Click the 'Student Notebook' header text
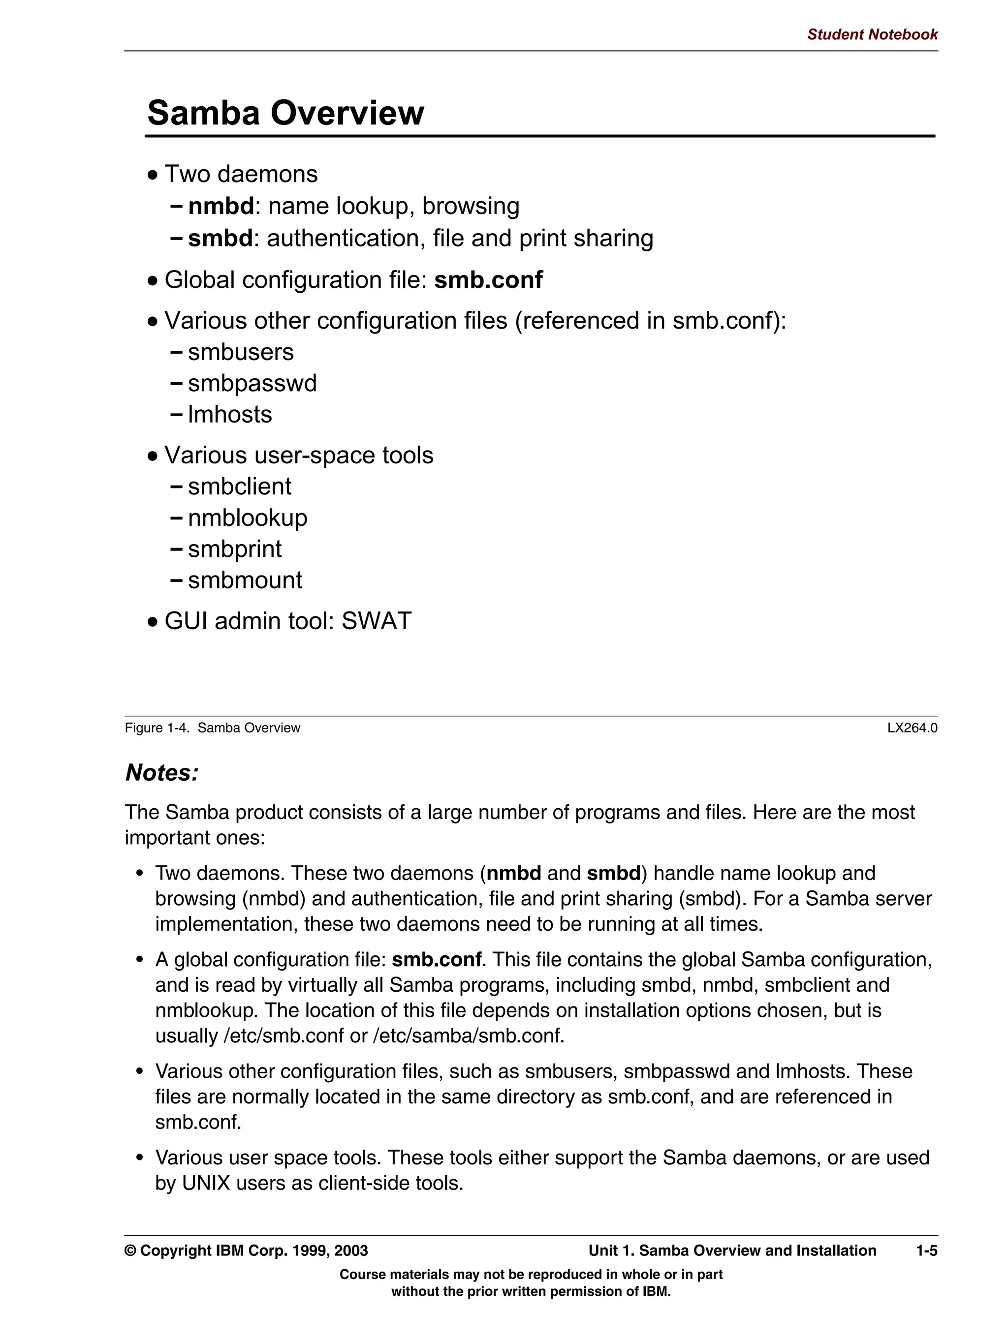(872, 34)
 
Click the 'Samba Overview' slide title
(285, 113)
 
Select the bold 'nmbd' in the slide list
(221, 207)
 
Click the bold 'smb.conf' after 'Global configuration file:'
(488, 280)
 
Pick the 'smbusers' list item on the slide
(241, 352)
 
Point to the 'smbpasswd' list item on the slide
(252, 384)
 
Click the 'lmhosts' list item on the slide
(230, 415)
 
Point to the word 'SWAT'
(376, 621)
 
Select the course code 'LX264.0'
(912, 728)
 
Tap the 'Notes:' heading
(162, 773)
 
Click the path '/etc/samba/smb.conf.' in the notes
(469, 1036)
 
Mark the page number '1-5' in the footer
(926, 1250)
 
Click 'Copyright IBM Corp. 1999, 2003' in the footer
(253, 1250)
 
